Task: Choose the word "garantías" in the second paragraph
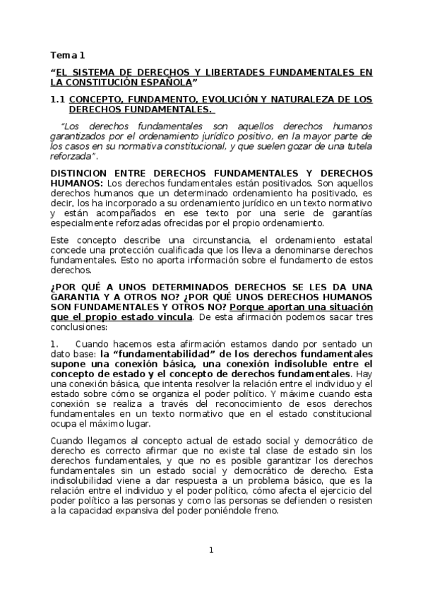pos(351,212)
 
